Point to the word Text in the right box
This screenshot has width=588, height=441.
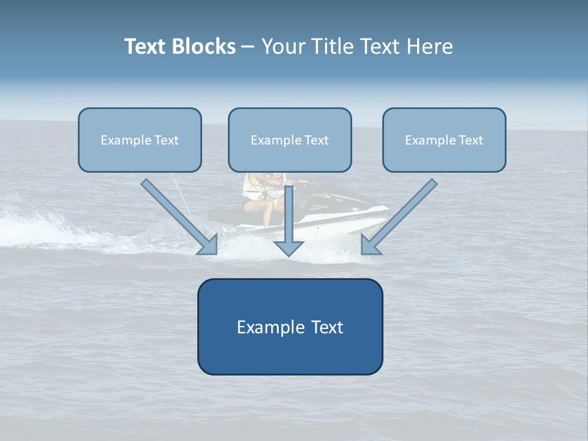[x=470, y=140]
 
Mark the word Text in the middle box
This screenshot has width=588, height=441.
[x=317, y=140]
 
